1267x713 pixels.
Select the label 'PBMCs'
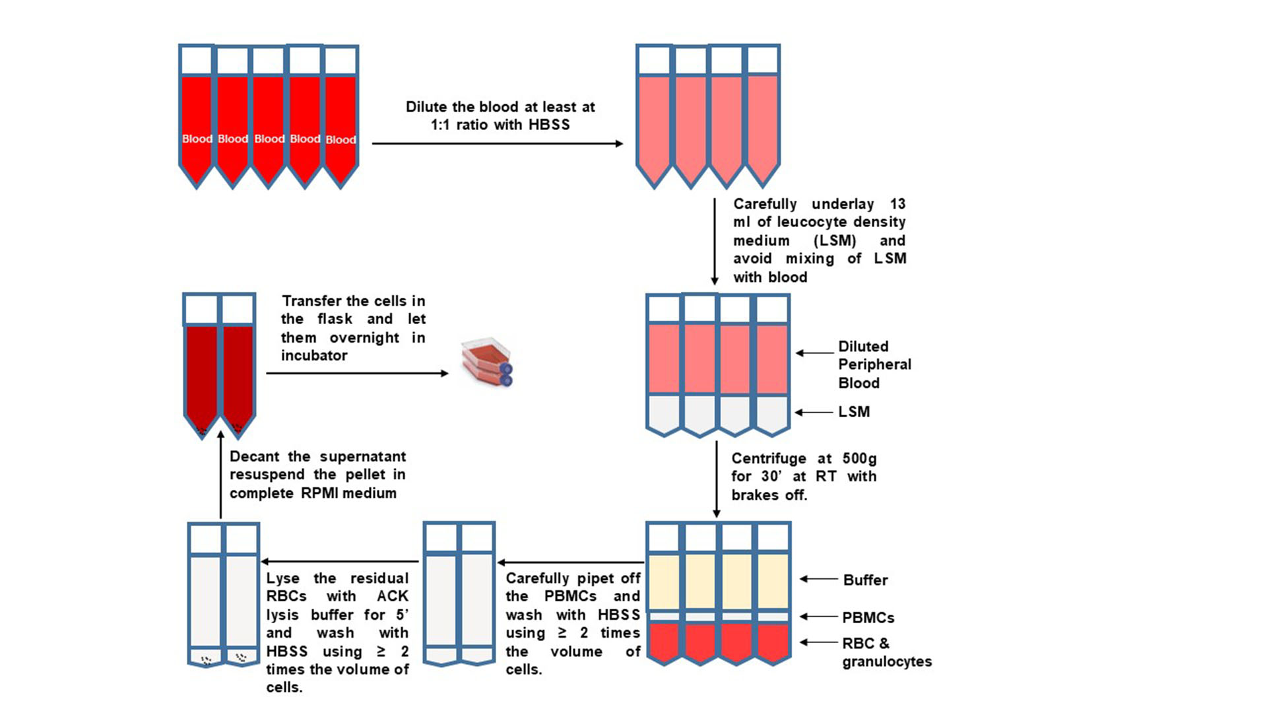pyautogui.click(x=868, y=618)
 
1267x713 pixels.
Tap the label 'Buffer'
pyautogui.click(x=865, y=580)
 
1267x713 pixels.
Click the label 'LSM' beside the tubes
pyautogui.click(x=854, y=412)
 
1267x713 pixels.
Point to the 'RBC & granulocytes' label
pyautogui.click(x=886, y=652)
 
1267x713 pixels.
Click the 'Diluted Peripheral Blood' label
pyautogui.click(x=874, y=364)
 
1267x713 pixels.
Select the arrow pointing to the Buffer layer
pyautogui.click(x=819, y=579)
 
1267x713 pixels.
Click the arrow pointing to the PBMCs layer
pyautogui.click(x=819, y=617)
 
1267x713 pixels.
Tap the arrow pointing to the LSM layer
pyautogui.click(x=814, y=413)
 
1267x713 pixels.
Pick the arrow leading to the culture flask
pyautogui.click(x=357, y=374)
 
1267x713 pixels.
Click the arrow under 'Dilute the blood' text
pyautogui.click(x=497, y=143)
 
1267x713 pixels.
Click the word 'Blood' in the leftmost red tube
pyautogui.click(x=197, y=139)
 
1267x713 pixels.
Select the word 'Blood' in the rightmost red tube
pyautogui.click(x=341, y=140)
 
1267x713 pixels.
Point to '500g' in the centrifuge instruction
pyautogui.click(x=859, y=459)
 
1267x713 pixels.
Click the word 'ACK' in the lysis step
pyautogui.click(x=393, y=596)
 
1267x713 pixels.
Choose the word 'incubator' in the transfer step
pyautogui.click(x=314, y=356)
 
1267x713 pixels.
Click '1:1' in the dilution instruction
pyautogui.click(x=440, y=125)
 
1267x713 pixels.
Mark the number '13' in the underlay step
pyautogui.click(x=897, y=204)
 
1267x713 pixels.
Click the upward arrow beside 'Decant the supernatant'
pyautogui.click(x=221, y=475)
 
